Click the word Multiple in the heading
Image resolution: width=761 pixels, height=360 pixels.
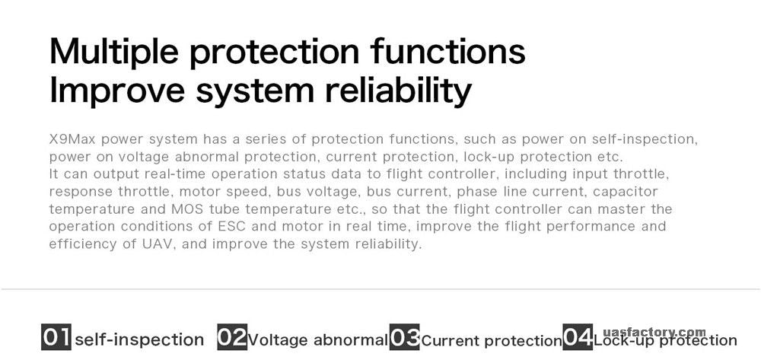113,52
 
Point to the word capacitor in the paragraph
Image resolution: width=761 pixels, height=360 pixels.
625,192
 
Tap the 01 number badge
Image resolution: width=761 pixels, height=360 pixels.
56,336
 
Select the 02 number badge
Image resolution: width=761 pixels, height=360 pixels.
232,336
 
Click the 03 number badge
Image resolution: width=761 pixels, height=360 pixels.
404,336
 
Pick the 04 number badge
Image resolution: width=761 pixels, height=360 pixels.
578,336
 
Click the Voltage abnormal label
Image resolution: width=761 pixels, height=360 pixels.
318,340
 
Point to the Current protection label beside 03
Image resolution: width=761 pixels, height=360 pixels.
492,341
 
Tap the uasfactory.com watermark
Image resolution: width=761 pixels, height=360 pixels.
654,333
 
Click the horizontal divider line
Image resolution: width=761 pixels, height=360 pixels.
380,290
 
